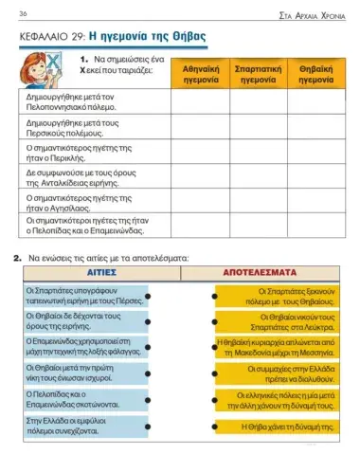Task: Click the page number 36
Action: point(22,12)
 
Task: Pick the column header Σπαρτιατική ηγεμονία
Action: point(259,75)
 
